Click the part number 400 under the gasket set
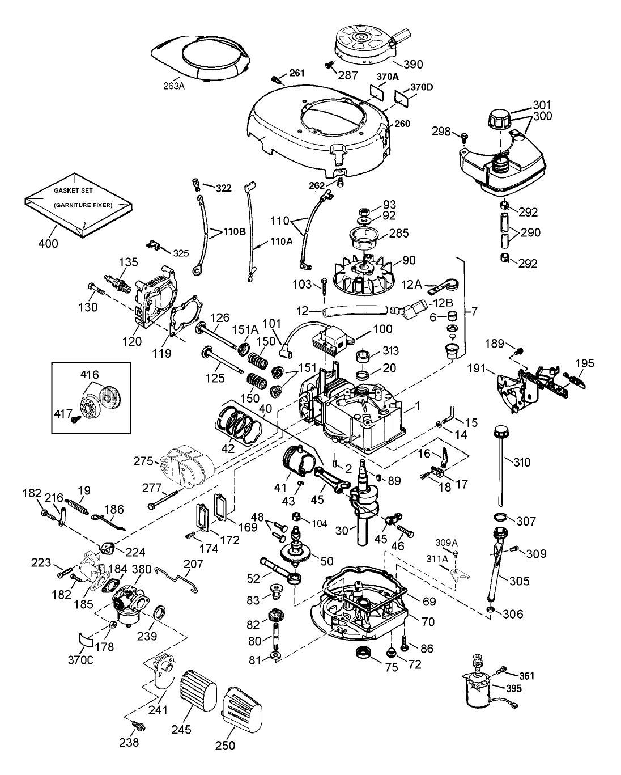(49, 244)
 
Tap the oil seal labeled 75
(361, 653)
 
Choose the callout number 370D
(422, 86)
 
